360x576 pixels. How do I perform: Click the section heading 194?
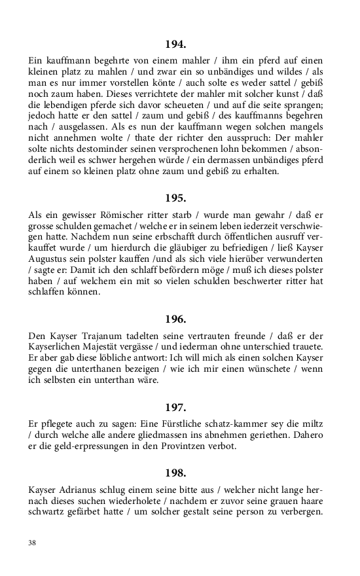(176, 45)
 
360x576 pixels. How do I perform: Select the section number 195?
(176, 196)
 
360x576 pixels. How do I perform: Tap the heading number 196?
(176, 319)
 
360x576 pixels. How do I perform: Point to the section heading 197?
(176, 406)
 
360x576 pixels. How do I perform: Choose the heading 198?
(176, 472)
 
